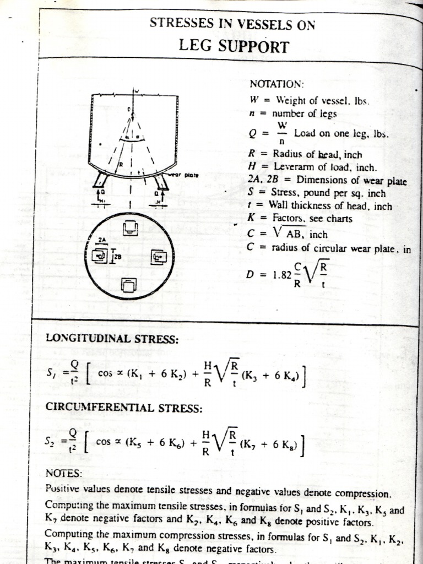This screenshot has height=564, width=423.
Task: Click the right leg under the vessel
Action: (x=162, y=181)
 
